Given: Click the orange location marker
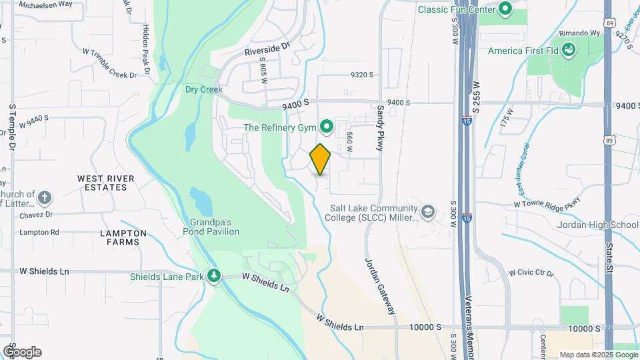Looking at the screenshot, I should (x=320, y=159).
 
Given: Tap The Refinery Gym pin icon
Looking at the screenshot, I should (x=327, y=126).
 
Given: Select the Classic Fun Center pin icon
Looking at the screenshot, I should (x=505, y=9).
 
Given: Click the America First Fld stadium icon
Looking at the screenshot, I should (x=569, y=50).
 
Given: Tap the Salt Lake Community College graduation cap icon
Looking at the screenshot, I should (x=427, y=213).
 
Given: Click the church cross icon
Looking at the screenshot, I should (x=44, y=198).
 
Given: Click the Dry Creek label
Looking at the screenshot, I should (x=203, y=89).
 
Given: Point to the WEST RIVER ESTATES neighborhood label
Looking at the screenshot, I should (x=106, y=183).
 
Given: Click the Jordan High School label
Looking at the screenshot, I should (x=597, y=225).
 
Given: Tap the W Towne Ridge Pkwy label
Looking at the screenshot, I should (x=547, y=202).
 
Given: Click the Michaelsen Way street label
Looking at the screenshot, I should (x=45, y=5).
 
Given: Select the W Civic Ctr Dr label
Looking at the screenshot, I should (x=531, y=273).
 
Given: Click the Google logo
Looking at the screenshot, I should (x=22, y=351).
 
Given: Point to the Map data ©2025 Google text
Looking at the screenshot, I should (x=598, y=355).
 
